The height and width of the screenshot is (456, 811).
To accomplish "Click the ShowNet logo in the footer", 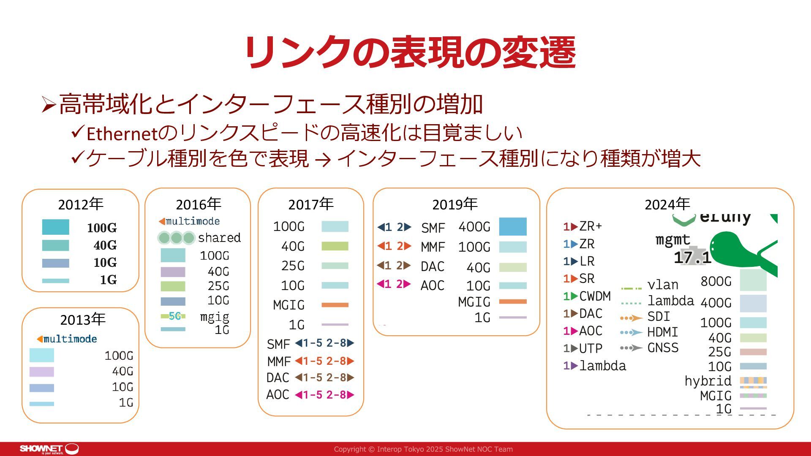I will pos(49,449).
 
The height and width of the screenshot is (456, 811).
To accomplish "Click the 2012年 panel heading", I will pos(81,204).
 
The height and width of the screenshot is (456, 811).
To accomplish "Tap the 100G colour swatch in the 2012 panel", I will pos(55,227).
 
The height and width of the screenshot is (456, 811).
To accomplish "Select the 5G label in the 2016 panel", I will pos(174,316).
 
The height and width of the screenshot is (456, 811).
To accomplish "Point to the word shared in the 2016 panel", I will pos(219,238).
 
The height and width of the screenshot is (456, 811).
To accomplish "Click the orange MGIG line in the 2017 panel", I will pos(335,305).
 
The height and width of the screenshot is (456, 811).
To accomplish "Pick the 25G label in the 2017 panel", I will pos(293,266).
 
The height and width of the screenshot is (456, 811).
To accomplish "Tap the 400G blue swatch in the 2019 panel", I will pos(513,226).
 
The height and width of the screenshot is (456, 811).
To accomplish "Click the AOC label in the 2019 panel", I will pos(433,285).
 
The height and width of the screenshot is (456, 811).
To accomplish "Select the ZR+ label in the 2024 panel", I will pos(591,226).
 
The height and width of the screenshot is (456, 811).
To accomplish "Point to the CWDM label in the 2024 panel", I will pos(595,296).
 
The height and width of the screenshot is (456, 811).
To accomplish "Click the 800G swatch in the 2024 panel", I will pos(753,280).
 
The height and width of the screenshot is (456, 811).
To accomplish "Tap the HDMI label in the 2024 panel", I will pos(662,332).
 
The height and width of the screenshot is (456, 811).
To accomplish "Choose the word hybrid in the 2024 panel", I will pos(708,381).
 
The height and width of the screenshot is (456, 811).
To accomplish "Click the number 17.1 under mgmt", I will pos(692,257).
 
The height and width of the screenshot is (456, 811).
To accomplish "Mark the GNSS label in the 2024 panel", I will pos(663,347).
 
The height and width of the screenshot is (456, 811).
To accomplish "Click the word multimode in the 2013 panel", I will pos(70,339).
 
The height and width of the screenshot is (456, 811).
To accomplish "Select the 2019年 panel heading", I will pos(454,204).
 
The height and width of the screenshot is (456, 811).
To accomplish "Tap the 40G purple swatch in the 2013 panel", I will pos(42,372).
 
